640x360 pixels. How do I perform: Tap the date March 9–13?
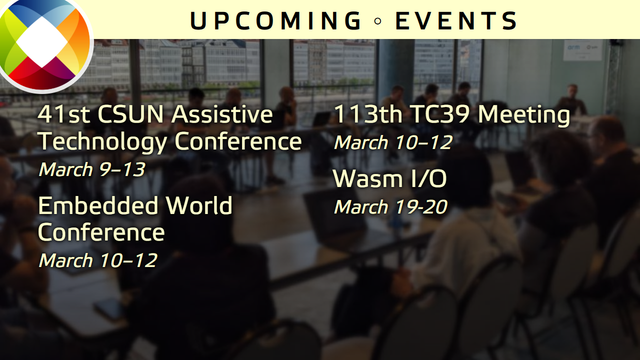pos(91,169)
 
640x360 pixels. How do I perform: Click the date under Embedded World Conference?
pos(97,260)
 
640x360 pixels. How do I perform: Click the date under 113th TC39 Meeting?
pos(392,142)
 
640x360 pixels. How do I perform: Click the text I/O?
pos(431,180)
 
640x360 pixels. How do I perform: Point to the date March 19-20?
pos(390,207)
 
